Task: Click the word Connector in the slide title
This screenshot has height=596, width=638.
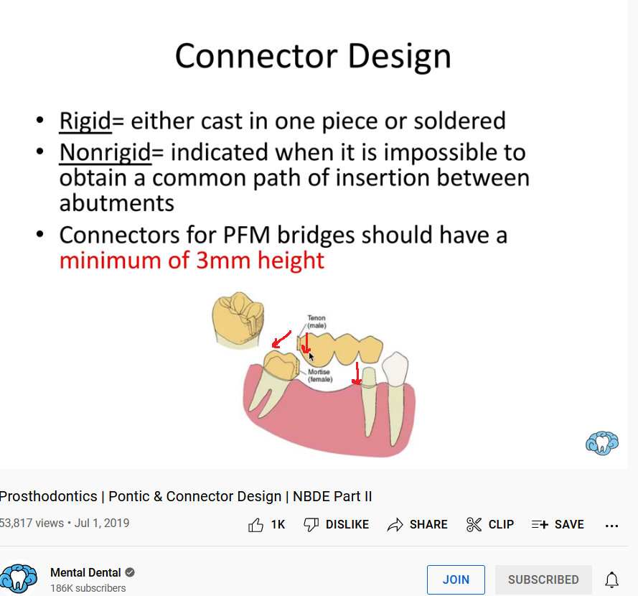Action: coord(256,56)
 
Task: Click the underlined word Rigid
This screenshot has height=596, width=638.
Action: coord(85,121)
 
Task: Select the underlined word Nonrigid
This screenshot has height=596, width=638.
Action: coord(105,153)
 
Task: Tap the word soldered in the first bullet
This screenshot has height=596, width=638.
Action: coord(460,121)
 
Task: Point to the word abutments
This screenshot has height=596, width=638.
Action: coord(117,202)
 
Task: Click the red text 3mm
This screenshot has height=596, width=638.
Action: coord(223,260)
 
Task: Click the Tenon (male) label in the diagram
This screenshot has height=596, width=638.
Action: coord(316,322)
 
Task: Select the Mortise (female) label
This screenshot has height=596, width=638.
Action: coord(320,376)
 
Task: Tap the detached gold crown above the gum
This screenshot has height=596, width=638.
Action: coord(238,320)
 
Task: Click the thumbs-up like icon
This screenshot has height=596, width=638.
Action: coord(255,525)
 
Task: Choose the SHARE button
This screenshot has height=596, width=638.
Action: coord(417,524)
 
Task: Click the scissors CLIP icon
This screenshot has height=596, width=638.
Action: coord(474,524)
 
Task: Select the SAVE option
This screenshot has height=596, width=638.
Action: coord(558,524)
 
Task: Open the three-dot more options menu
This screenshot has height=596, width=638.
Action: coord(611,526)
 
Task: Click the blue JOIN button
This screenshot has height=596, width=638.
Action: coord(456,579)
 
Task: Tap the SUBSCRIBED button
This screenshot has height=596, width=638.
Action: coord(543,579)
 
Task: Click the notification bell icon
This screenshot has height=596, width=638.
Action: coord(611,579)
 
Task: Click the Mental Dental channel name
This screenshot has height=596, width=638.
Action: coord(85,572)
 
